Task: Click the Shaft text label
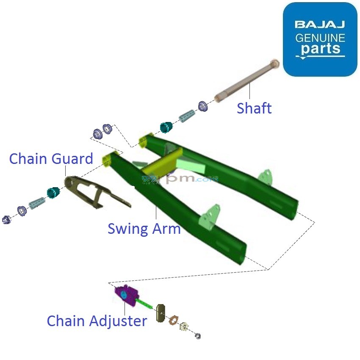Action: [x=254, y=108]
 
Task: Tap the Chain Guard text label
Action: [x=51, y=159]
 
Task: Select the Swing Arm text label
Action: [x=144, y=229]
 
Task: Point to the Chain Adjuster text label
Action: [x=97, y=321]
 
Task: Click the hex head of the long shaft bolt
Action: [x=274, y=64]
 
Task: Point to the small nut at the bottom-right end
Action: [x=197, y=336]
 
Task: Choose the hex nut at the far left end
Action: [x=6, y=219]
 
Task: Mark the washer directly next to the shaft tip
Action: [x=203, y=106]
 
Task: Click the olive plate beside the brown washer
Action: [x=161, y=313]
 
